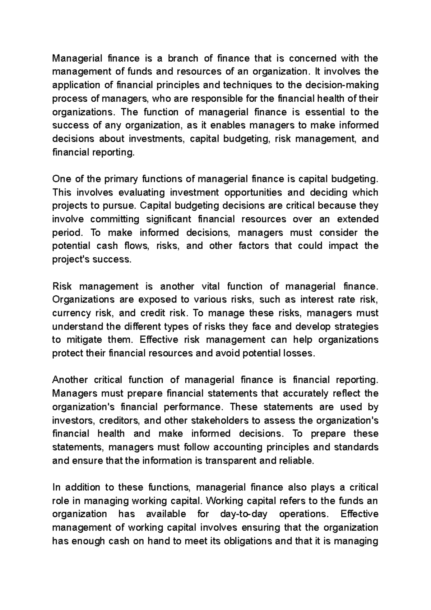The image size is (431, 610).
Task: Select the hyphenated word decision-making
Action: (x=341, y=85)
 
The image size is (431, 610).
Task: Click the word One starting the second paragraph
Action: (x=62, y=179)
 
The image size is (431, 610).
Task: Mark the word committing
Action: (x=115, y=219)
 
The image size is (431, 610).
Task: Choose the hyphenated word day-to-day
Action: (x=244, y=514)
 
